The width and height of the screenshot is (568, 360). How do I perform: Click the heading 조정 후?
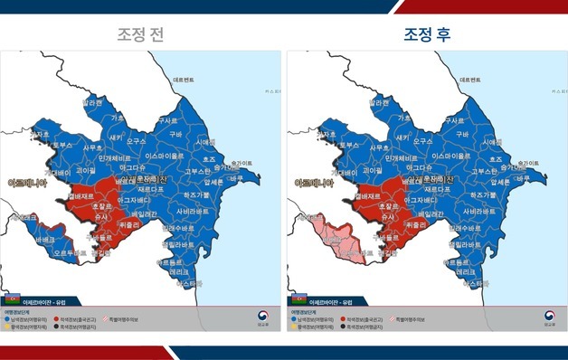(427, 35)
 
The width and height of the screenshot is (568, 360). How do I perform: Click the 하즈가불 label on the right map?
(480, 194)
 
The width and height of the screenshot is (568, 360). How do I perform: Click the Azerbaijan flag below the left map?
(12, 298)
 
